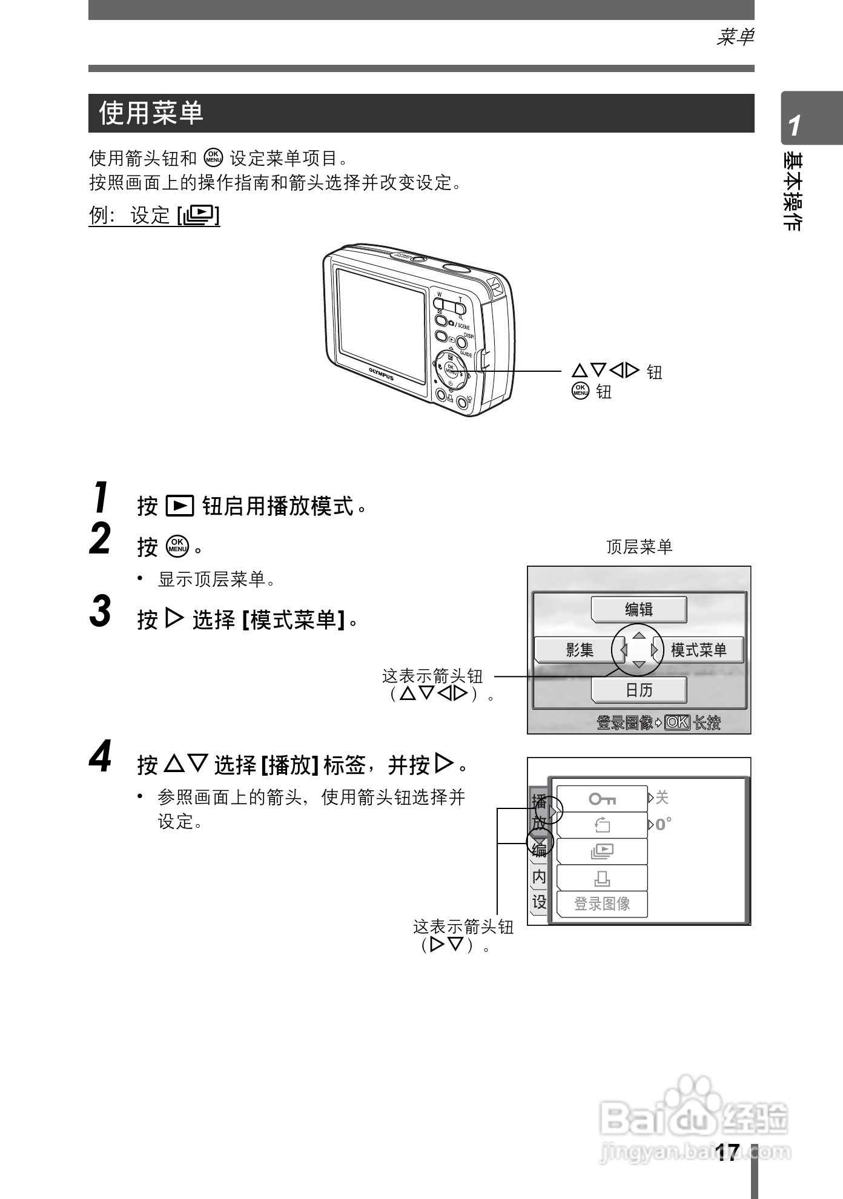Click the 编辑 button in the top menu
[639, 609]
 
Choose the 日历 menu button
[639, 690]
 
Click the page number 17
[727, 1152]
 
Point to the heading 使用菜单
[151, 113]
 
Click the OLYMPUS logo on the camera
[381, 373]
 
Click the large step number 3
[101, 612]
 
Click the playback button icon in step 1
[180, 506]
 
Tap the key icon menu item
[602, 799]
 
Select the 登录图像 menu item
[602, 904]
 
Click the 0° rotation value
[663, 825]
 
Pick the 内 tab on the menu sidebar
[538, 877]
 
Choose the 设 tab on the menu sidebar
[538, 902]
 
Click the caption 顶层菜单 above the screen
[640, 547]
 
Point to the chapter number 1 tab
[795, 126]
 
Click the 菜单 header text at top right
[735, 38]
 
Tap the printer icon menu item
[602, 878]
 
